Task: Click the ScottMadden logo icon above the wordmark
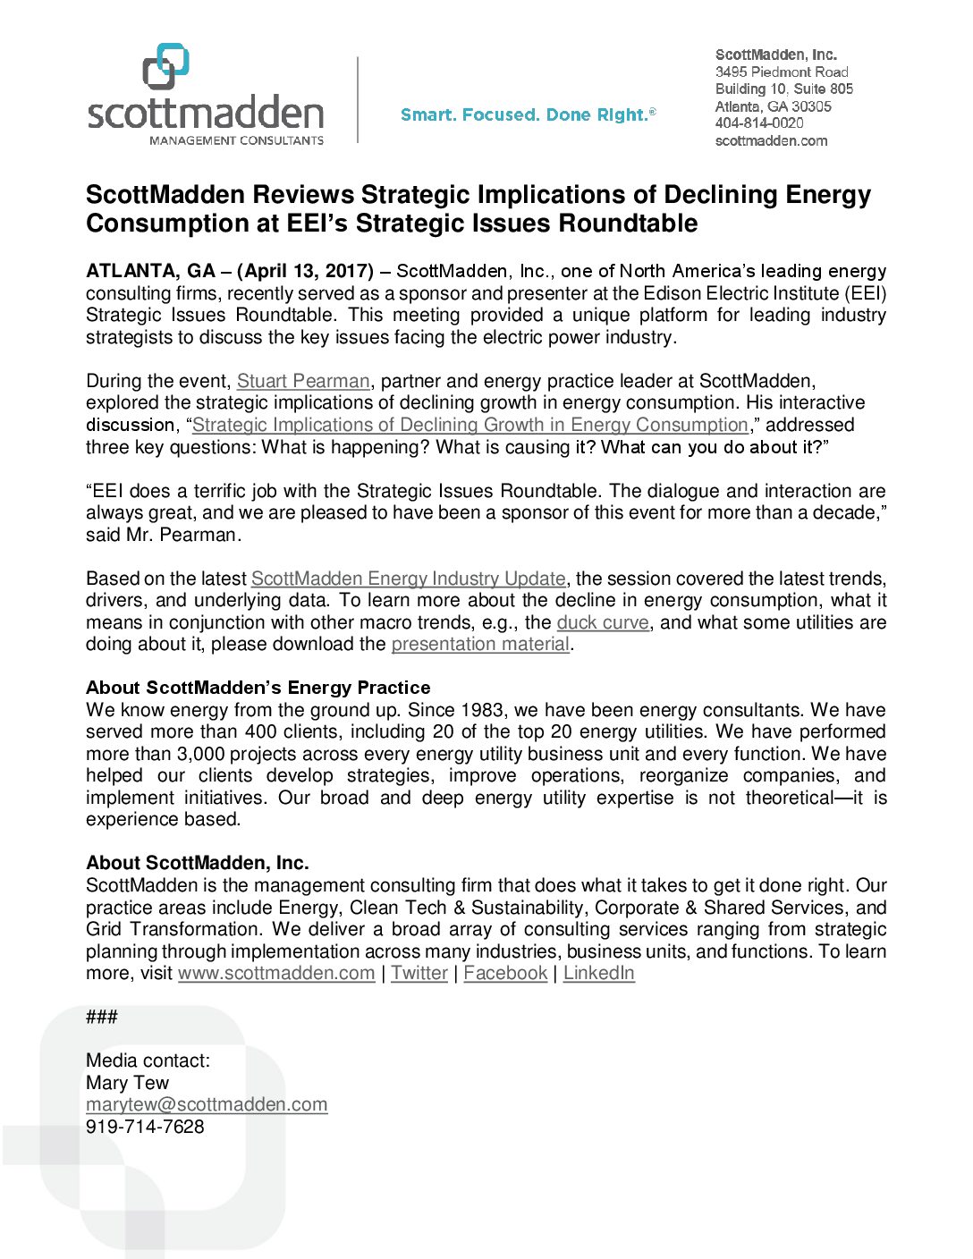click(x=166, y=66)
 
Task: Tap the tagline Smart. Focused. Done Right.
click(x=528, y=114)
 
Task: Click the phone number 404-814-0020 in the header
click(x=759, y=123)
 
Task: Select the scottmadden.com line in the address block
click(x=771, y=140)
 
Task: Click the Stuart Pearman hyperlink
click(x=303, y=381)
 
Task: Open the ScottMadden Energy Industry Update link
click(x=408, y=579)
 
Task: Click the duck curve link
click(x=603, y=622)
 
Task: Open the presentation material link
click(x=480, y=644)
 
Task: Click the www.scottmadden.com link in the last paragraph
click(x=276, y=973)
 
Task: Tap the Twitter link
click(x=419, y=973)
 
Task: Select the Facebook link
click(x=505, y=973)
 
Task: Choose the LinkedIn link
click(x=599, y=973)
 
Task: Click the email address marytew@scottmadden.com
click(x=207, y=1104)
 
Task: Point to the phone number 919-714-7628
click(x=145, y=1127)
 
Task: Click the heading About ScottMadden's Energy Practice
click(x=258, y=688)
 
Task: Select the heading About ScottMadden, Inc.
click(x=198, y=863)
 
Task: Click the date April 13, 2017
click(x=306, y=271)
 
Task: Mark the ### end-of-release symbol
click(x=101, y=1017)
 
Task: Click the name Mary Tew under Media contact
click(x=127, y=1083)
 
